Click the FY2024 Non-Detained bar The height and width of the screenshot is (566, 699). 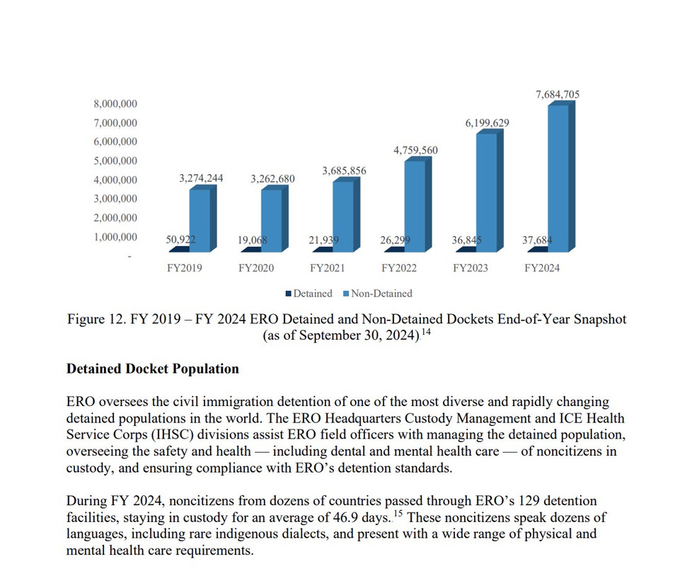[x=558, y=177]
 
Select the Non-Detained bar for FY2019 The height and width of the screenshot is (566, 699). [x=199, y=219]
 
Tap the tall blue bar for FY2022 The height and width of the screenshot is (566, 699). [x=414, y=205]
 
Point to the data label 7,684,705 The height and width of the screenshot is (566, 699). [x=558, y=94]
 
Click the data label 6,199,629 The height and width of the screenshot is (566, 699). [x=487, y=123]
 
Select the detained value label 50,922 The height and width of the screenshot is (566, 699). [x=180, y=241]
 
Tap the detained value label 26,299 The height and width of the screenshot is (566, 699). [x=395, y=241]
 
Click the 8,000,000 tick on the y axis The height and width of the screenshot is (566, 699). [x=115, y=104]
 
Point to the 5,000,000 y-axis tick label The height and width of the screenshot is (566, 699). [x=115, y=161]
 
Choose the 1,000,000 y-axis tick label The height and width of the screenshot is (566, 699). [x=115, y=237]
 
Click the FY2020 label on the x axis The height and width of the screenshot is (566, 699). [x=256, y=269]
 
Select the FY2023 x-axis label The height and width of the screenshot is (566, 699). [x=470, y=269]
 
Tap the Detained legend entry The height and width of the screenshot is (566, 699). [x=308, y=293]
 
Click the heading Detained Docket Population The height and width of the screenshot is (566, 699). [x=152, y=369]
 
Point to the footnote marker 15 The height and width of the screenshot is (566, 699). [x=398, y=514]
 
